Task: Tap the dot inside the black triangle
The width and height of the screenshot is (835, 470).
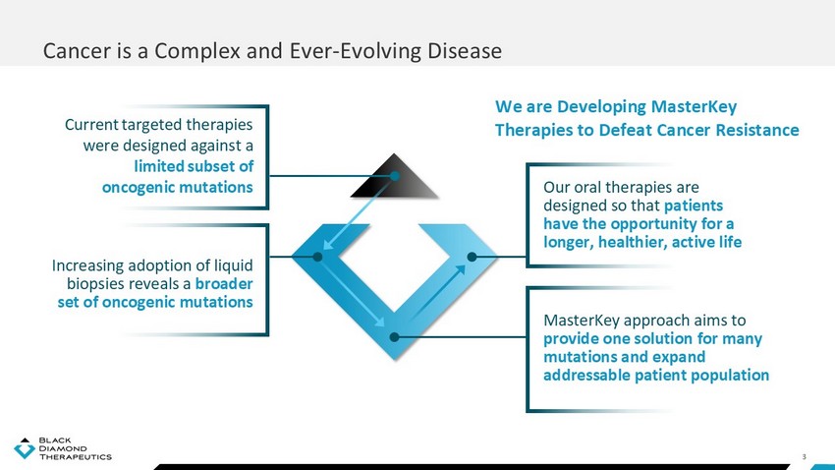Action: tap(395, 176)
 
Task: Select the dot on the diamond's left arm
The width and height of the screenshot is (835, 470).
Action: tap(318, 257)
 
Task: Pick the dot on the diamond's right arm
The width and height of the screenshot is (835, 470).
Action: tap(472, 257)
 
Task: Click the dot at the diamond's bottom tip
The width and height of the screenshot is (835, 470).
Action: tap(395, 337)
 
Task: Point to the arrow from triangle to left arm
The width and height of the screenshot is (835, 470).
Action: tap(358, 213)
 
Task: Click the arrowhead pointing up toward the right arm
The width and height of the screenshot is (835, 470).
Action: tap(461, 269)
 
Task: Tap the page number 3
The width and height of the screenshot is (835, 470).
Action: tap(805, 456)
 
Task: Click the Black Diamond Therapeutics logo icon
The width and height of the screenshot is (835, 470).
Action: tap(25, 448)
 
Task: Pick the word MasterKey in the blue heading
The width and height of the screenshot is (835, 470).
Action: tap(694, 106)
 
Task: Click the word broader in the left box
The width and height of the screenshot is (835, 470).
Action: tap(224, 283)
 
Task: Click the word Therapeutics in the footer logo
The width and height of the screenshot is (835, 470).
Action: tap(76, 456)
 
